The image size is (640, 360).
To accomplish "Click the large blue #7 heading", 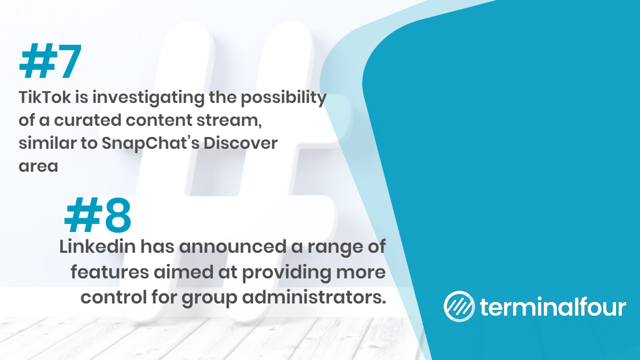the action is click(50, 61).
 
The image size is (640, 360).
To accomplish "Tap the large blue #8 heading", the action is click(98, 214).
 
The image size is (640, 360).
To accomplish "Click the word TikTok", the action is click(45, 97).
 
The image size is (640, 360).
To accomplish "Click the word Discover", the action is click(241, 143).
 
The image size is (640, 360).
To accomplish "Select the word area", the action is click(38, 166).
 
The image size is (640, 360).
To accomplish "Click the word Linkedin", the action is click(98, 246).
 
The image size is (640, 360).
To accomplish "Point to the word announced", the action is click(233, 247).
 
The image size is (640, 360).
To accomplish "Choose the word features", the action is click(110, 272).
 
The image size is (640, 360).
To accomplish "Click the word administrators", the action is click(314, 298).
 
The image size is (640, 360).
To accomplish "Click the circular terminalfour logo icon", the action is click(459, 306).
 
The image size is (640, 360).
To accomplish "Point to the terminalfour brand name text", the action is click(553, 307).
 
